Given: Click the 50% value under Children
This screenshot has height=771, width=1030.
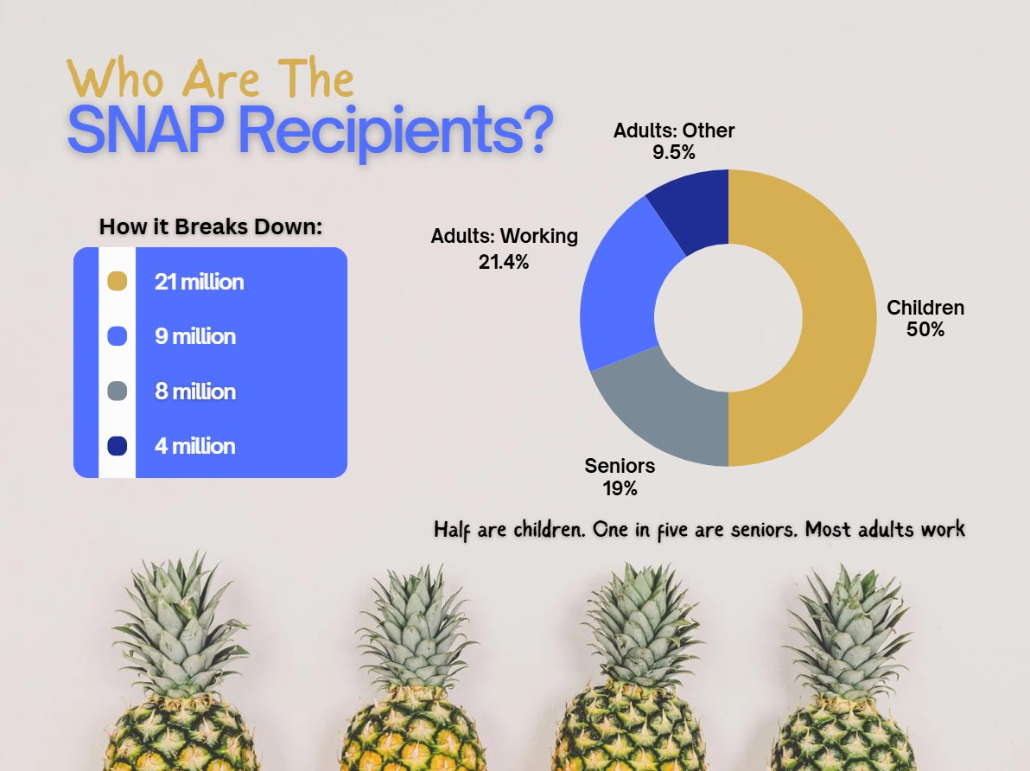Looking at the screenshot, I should coord(925,329).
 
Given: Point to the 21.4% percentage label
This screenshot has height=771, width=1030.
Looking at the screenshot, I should coord(504,261).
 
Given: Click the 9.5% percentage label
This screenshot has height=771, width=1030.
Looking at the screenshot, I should coord(674,153).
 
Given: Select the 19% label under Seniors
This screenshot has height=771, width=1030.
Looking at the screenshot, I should coord(620,488).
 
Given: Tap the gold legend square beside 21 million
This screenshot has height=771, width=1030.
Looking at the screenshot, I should coord(117,282).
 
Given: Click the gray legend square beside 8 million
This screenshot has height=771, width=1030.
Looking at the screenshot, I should coord(117,392).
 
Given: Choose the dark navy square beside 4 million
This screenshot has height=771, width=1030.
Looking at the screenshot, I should coord(117,446).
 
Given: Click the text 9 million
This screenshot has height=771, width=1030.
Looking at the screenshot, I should coord(195,336).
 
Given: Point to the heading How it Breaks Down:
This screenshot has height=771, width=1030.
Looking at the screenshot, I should coord(211,227).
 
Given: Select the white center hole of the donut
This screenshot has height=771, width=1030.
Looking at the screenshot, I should coord(728,318).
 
